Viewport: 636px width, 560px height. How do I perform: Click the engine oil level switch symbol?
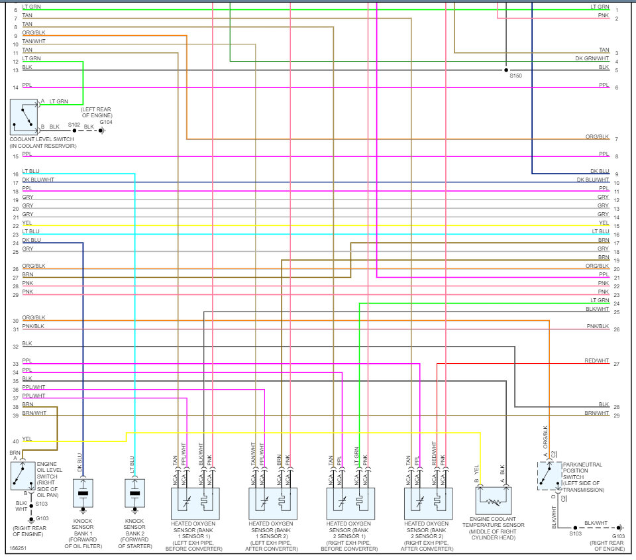[x=23, y=475]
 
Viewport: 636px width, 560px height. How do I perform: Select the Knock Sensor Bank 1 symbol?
[x=83, y=493]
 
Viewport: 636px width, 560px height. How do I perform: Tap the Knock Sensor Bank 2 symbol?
[x=134, y=493]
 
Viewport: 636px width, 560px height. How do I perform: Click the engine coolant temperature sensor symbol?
[x=493, y=500]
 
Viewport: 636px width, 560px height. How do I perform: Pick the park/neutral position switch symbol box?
[x=549, y=476]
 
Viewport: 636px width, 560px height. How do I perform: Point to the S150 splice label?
[x=515, y=76]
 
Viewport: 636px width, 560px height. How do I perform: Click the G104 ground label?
[x=106, y=123]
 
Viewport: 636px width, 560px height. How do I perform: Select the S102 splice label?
[x=74, y=125]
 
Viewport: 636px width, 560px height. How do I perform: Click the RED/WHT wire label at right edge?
[x=596, y=361]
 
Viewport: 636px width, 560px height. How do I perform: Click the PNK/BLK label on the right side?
[x=598, y=326]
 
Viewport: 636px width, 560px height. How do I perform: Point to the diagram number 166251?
[x=19, y=549]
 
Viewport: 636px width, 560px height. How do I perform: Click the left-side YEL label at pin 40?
[x=26, y=438]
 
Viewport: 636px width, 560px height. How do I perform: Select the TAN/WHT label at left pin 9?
[x=34, y=41]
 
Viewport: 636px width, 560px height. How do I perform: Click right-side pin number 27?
[x=616, y=364]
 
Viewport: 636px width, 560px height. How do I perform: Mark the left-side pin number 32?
[x=15, y=347]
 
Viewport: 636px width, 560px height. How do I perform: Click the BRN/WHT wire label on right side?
[x=596, y=412]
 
